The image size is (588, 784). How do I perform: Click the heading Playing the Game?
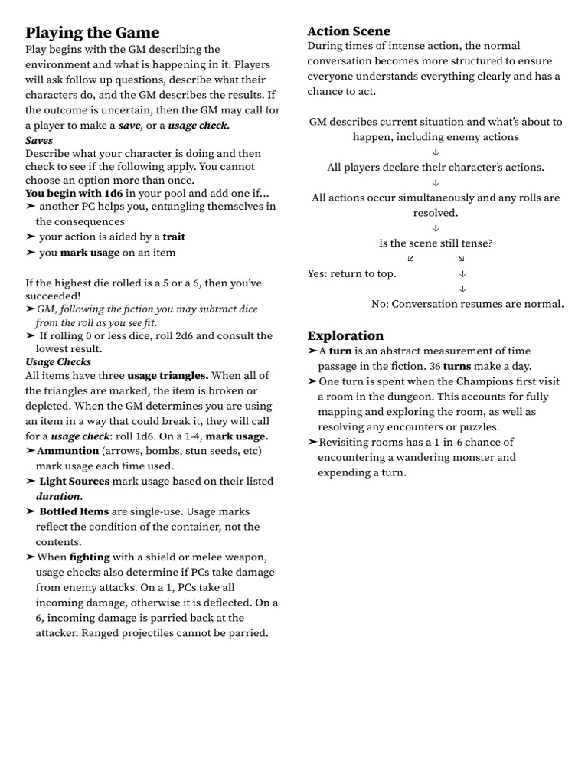coord(93,32)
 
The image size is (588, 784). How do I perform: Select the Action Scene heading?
coord(348,31)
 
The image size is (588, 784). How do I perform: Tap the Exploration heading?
coord(345,335)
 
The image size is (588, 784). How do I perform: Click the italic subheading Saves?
coord(39,141)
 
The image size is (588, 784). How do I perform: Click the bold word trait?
coord(174,237)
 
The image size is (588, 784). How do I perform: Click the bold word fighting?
coord(90,557)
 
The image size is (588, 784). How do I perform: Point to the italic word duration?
coord(58,496)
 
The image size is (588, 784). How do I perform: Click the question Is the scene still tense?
coord(436,243)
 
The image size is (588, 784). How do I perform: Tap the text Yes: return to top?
coord(351,273)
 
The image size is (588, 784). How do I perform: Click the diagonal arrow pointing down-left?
coord(411,259)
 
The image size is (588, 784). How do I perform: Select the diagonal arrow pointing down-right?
coord(461,259)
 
